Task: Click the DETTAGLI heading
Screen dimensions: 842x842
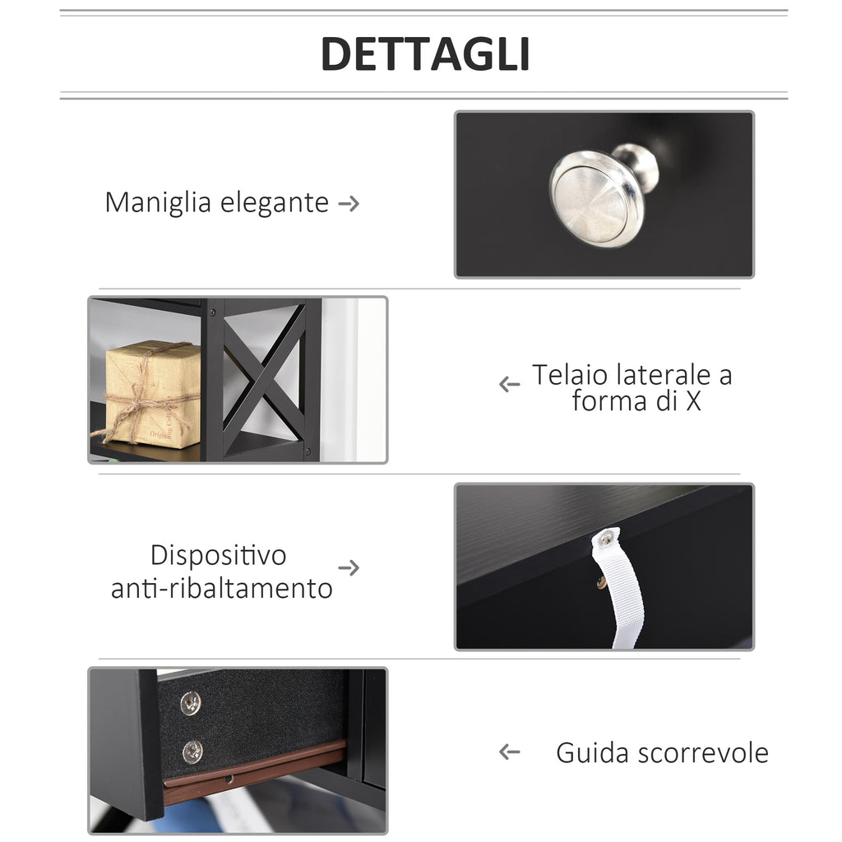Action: coord(425,53)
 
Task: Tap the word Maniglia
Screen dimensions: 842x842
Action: coord(158,203)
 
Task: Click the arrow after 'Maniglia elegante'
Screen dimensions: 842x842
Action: coord(349,204)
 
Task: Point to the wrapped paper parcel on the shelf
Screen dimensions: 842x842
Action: coord(154,395)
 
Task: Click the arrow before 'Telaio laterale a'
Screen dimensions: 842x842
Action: coord(509,384)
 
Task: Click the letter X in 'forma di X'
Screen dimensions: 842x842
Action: coord(693,400)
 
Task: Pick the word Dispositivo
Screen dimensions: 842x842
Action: coord(218,555)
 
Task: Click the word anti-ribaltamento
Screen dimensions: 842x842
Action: coord(222,588)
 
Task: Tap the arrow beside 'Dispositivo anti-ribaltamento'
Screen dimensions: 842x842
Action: coord(349,567)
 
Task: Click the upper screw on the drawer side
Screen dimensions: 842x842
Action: coord(191,703)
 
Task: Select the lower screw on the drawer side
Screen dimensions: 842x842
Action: coord(192,752)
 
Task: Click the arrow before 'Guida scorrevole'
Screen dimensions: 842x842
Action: coord(509,752)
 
